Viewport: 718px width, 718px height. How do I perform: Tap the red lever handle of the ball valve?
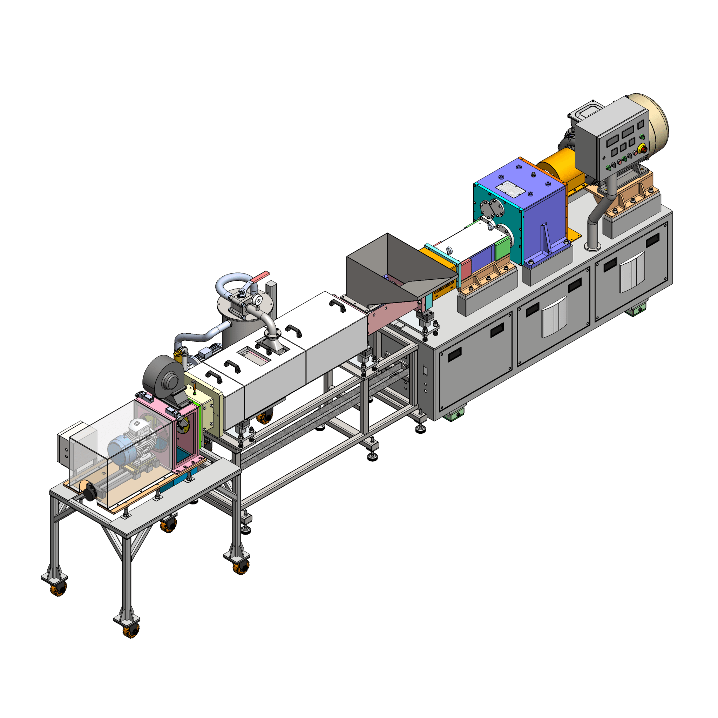pyautogui.click(x=260, y=276)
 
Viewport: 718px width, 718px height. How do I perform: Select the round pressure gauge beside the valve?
pyautogui.click(x=256, y=299)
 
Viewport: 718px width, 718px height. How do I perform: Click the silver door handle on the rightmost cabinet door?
pyautogui.click(x=632, y=271)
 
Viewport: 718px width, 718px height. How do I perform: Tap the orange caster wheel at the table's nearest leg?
pyautogui.click(x=131, y=630)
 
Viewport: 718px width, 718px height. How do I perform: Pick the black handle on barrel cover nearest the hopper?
pyautogui.click(x=337, y=305)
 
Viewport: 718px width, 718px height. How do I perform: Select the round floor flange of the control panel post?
pyautogui.click(x=593, y=247)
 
